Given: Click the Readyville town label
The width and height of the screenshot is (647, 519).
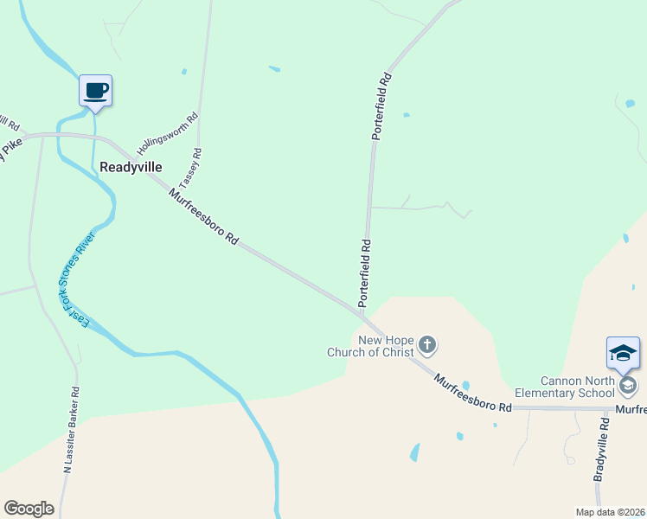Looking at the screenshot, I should click(x=131, y=167).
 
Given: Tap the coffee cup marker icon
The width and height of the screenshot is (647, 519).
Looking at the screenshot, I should click(x=95, y=90).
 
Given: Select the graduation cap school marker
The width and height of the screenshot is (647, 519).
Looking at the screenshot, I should click(x=623, y=353).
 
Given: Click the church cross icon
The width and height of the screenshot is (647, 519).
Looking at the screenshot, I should click(x=426, y=346).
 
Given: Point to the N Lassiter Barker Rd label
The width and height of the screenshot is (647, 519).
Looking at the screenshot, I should click(x=73, y=430).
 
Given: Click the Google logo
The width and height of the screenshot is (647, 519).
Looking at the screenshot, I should click(x=29, y=509).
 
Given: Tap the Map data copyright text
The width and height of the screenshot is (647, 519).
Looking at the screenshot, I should click(x=610, y=511).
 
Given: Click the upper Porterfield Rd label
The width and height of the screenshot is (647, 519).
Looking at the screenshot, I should click(x=382, y=107).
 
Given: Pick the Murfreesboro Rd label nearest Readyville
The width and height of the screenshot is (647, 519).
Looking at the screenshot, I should click(x=204, y=218).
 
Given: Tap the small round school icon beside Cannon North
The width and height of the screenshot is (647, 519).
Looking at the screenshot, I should click(x=628, y=385).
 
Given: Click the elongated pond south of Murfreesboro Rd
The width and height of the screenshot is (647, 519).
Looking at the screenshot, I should click(x=414, y=452).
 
